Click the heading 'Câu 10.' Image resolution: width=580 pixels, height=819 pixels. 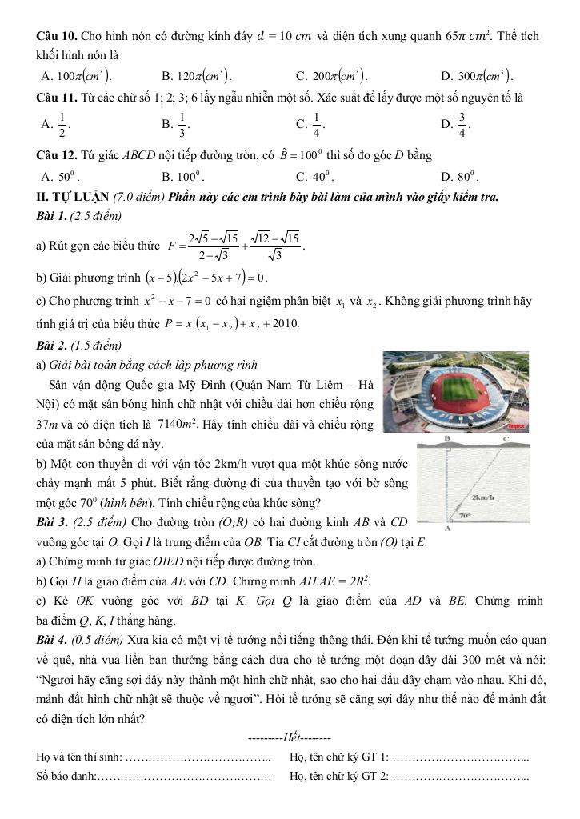[58, 36]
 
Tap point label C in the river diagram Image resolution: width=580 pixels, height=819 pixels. [506, 439]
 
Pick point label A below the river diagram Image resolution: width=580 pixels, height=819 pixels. [447, 529]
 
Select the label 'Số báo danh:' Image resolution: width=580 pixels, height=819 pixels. [66, 774]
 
